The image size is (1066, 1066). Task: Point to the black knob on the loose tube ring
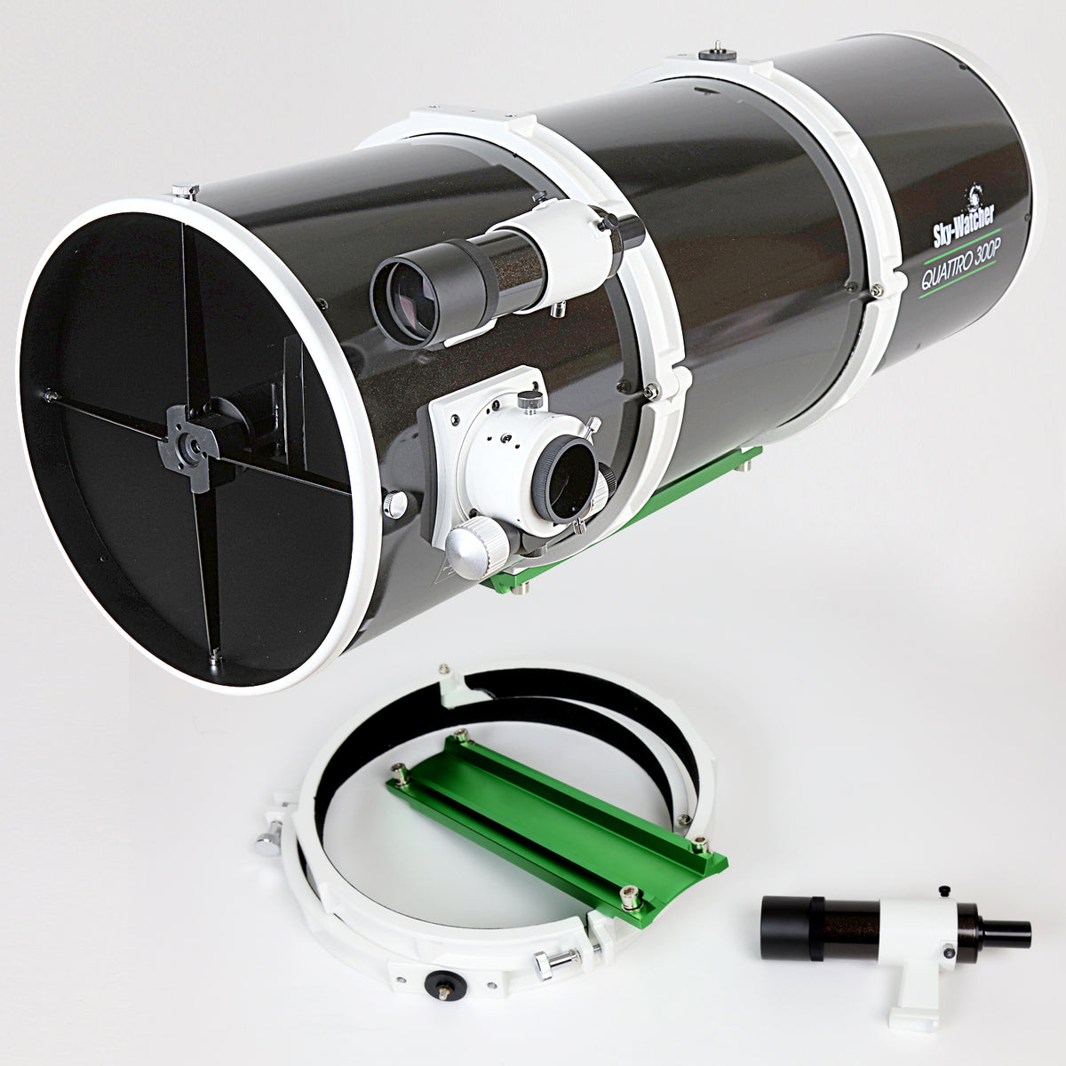pos(441,981)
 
